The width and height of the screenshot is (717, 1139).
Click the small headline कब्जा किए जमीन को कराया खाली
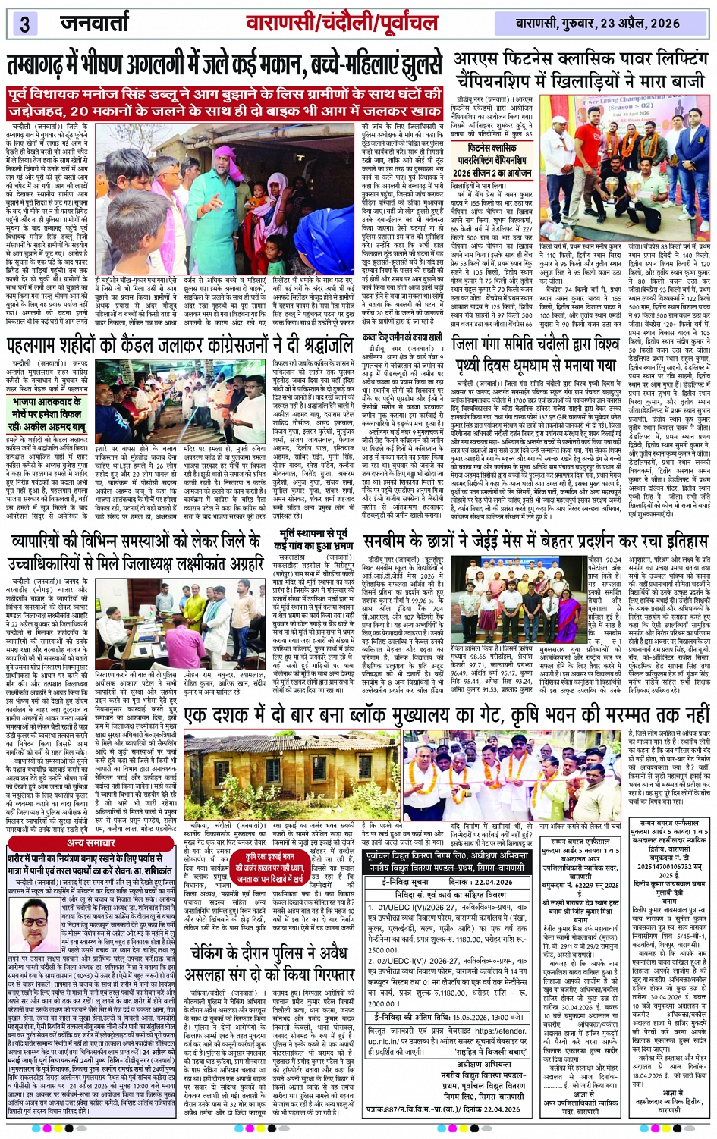[x=401, y=337]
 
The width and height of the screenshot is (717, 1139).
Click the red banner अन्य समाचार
[x=90, y=842]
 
